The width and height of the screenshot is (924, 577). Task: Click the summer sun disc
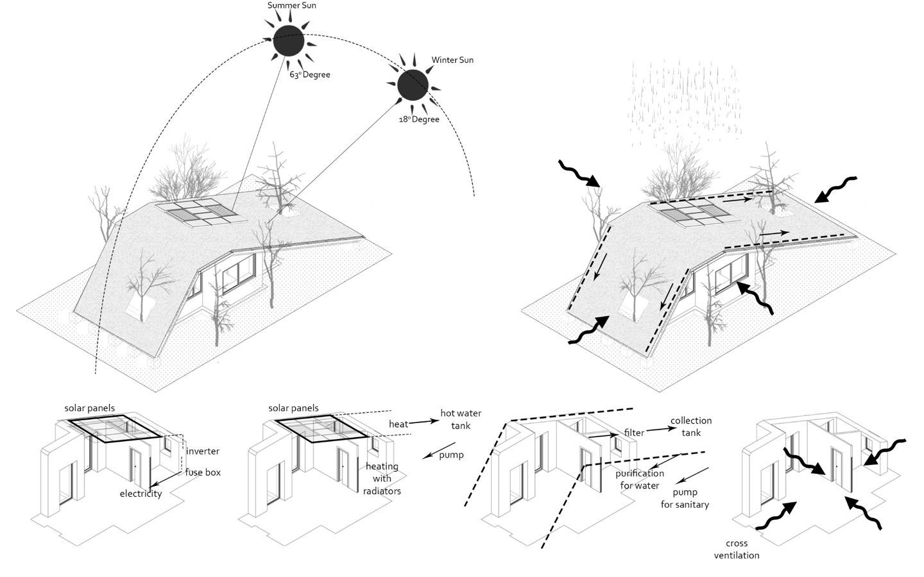(288, 41)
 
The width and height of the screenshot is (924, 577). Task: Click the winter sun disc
(412, 85)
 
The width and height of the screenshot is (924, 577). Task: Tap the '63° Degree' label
(309, 75)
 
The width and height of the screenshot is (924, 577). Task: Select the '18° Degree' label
(418, 119)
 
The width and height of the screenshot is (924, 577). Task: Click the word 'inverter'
(203, 451)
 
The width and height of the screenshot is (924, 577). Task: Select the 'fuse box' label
(203, 472)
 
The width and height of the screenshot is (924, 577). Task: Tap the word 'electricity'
(141, 494)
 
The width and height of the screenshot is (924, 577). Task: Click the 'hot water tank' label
(460, 419)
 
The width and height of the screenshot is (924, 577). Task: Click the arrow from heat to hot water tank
(424, 422)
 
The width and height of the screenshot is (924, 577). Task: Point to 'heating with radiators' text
(382, 478)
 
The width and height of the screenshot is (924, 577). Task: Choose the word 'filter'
(634, 433)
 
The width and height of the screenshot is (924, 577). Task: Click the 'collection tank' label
(691, 426)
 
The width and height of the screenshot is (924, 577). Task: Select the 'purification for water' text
(640, 479)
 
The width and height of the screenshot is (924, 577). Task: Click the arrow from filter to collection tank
(656, 430)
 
